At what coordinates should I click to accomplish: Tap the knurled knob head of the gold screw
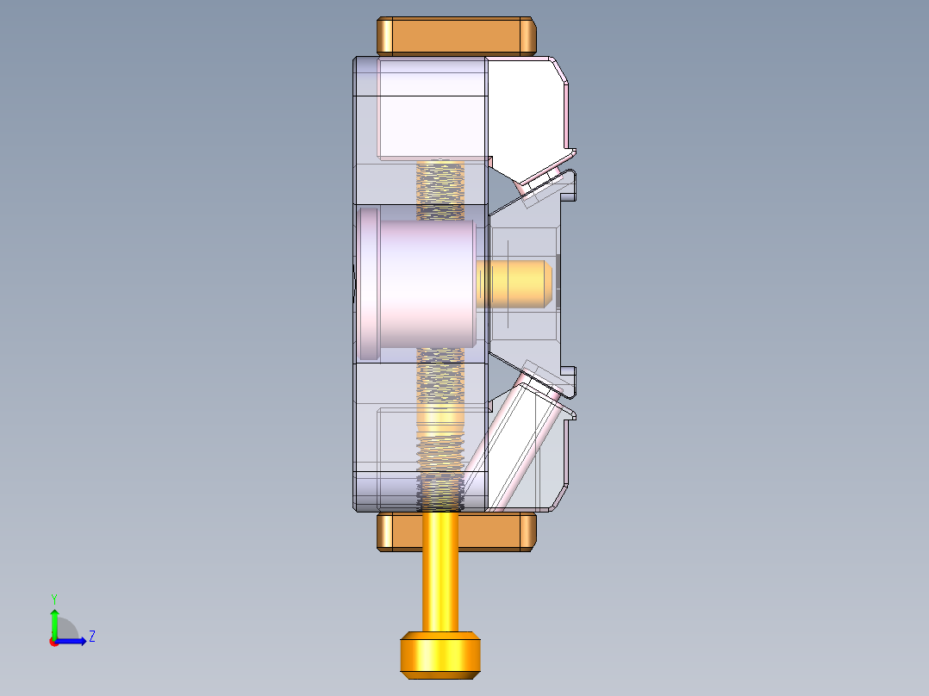coord(440,654)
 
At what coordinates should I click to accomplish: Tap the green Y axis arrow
coord(53,621)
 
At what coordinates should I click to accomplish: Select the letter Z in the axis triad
coord(91,637)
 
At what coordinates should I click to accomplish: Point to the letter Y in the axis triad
coord(53,598)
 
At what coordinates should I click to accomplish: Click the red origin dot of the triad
coord(53,642)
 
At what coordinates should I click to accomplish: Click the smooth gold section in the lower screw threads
coord(440,421)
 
